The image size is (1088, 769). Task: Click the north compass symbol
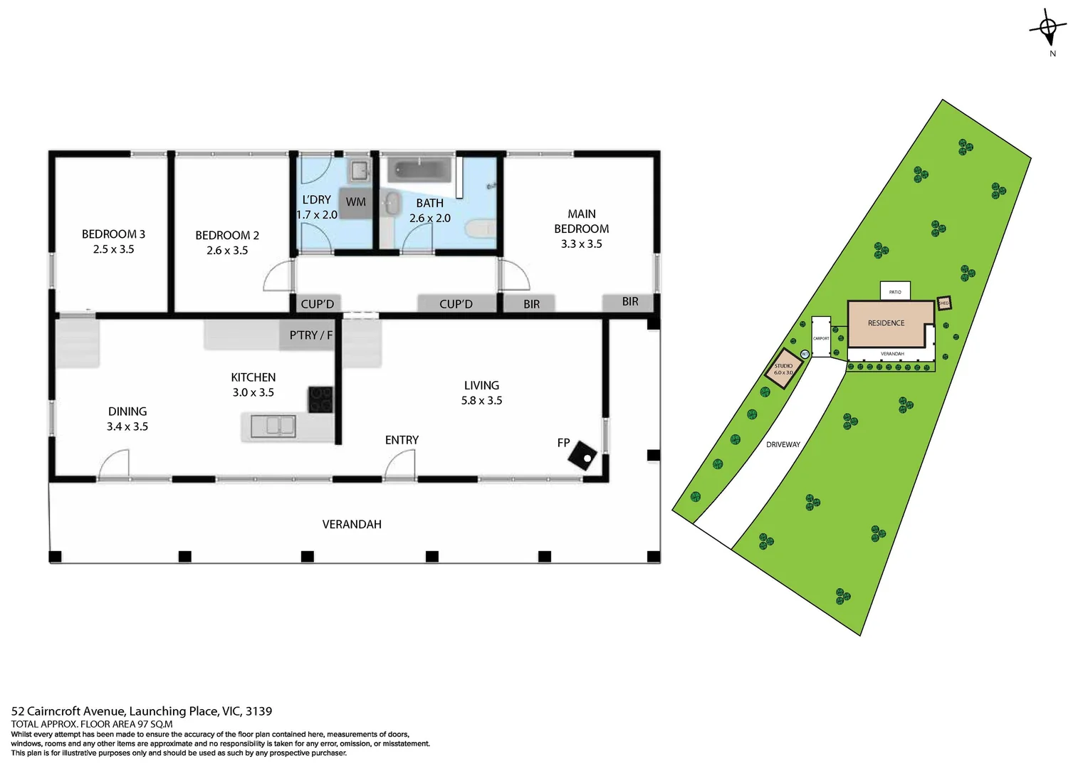(x=1048, y=28)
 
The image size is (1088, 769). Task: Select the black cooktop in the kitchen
(x=320, y=399)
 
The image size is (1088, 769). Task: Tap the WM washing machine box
(x=355, y=202)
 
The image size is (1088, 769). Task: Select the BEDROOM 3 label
(x=113, y=234)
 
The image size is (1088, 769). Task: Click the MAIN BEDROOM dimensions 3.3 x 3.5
(x=581, y=244)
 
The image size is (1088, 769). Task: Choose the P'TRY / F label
(x=310, y=335)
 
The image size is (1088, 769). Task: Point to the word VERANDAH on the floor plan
(x=352, y=524)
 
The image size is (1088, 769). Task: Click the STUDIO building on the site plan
(x=784, y=369)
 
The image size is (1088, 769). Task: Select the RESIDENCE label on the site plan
(x=886, y=323)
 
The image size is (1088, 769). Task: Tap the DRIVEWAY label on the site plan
(x=783, y=444)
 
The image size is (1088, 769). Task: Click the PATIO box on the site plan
(x=895, y=291)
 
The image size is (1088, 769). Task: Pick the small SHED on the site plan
(x=943, y=303)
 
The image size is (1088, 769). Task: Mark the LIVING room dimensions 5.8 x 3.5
(x=481, y=400)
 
